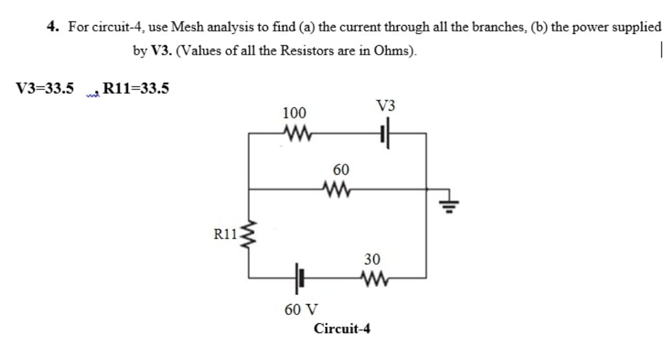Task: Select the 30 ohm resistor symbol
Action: click(x=372, y=278)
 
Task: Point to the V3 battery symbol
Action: click(x=384, y=134)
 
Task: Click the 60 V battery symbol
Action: click(x=298, y=278)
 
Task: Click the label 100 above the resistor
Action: click(x=294, y=113)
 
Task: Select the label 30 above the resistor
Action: click(x=372, y=260)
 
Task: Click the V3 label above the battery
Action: click(x=386, y=107)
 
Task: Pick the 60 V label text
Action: click(x=300, y=310)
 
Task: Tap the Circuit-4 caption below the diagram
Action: click(x=342, y=328)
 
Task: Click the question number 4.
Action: click(x=53, y=27)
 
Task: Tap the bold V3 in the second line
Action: click(x=161, y=51)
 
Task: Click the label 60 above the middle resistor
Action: click(x=341, y=170)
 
